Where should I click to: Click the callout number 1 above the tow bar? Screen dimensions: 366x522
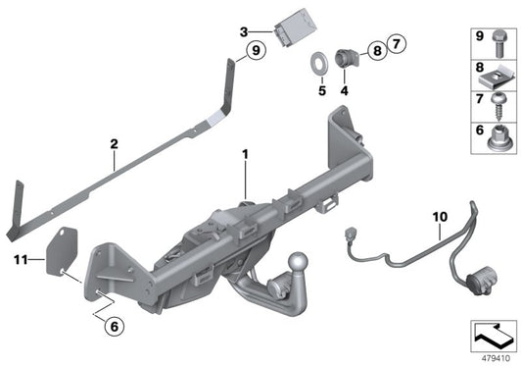pyautogui.click(x=245, y=153)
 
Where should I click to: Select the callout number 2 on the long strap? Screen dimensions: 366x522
pyautogui.click(x=114, y=143)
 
